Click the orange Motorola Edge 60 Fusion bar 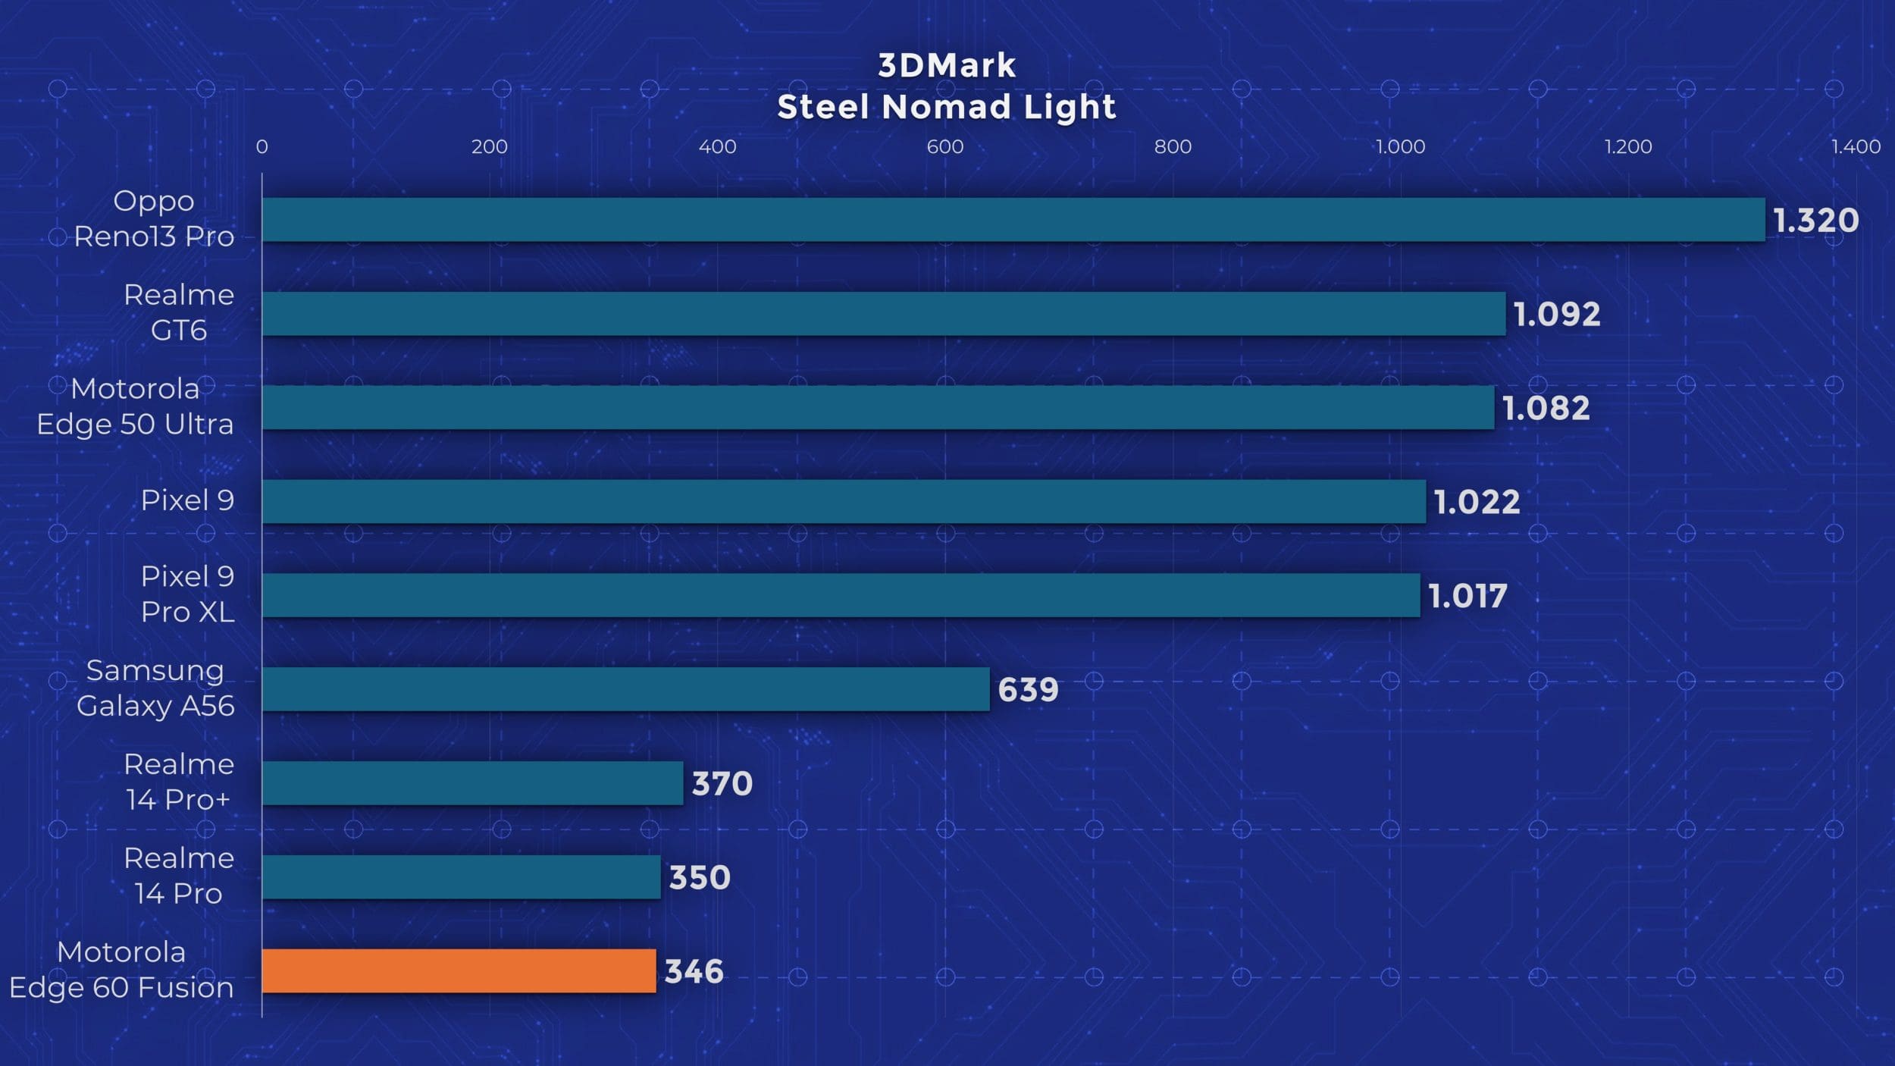coord(459,970)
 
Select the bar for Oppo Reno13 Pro coord(1013,220)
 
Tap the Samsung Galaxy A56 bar coord(625,689)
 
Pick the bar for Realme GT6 coord(884,314)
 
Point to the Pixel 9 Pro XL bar coord(841,595)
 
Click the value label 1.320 coord(1815,221)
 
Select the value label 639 coord(1028,690)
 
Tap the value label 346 coord(694,971)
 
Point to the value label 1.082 coord(1546,409)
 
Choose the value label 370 coord(722,783)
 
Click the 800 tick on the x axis coord(1173,146)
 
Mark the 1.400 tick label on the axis coord(1856,146)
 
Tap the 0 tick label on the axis coord(262,146)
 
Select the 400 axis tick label coord(717,146)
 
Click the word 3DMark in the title coord(947,66)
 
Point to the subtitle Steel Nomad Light coord(947,107)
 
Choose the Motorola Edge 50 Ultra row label coord(135,406)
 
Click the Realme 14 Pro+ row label coord(178,782)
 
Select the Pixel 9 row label coord(187,500)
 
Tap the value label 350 coord(699,877)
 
